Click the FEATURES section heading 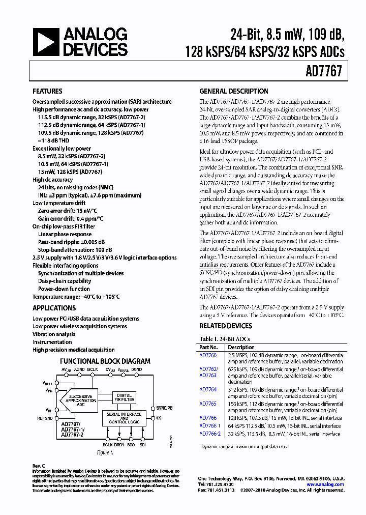pos(47,92)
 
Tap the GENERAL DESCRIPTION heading pos(233,92)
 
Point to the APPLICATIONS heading pos(54,308)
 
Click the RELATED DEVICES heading pos(225,326)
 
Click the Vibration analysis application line pos(54,334)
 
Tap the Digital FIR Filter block pos(125,398)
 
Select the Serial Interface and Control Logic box pos(124,418)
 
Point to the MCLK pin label pos(92,369)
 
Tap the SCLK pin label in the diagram pos(108,444)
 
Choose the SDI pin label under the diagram pos(142,444)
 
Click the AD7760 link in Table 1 pos(208,355)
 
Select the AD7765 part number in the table pos(208,404)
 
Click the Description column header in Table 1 pos(241,348)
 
